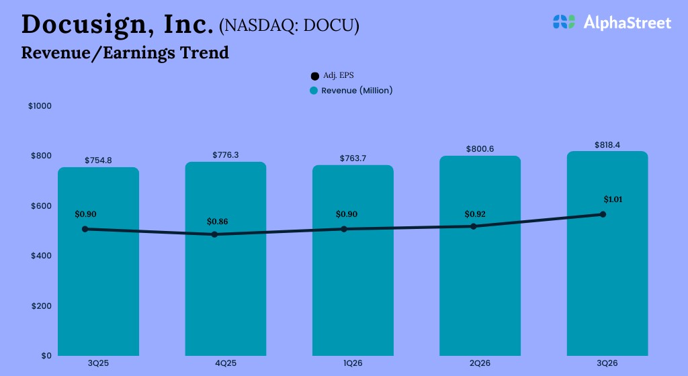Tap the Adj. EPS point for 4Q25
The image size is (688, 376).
tap(214, 234)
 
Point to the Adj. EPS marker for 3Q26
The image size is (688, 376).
tap(603, 214)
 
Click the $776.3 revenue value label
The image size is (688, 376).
tap(226, 155)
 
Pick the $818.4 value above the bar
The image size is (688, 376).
tap(607, 145)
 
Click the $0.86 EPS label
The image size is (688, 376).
tap(218, 221)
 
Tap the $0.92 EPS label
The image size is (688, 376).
tap(475, 214)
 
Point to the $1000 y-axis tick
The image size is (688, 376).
tap(40, 106)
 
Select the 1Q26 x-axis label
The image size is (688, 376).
tap(353, 363)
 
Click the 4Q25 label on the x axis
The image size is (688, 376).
tap(226, 363)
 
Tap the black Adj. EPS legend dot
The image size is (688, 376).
tap(314, 77)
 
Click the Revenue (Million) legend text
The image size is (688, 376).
tap(357, 91)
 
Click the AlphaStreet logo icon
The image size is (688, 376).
tap(564, 22)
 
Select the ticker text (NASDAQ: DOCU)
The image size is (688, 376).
tap(289, 26)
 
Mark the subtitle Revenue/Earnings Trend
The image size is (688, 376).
tap(125, 52)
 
